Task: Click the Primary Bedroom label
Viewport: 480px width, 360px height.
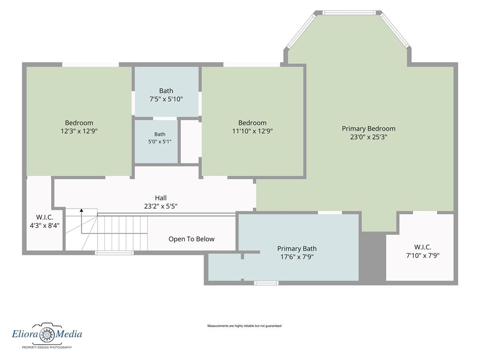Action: point(368,128)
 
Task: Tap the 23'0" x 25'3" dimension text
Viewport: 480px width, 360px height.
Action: point(368,137)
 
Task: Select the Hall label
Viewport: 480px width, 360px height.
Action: point(161,198)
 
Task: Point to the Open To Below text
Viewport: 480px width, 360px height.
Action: point(191,239)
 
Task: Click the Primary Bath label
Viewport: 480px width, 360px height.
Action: point(297,248)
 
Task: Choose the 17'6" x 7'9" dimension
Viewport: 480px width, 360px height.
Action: point(297,257)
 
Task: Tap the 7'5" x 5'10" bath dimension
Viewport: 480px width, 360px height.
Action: point(166,99)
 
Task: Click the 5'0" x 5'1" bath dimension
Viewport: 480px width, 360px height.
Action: point(160,142)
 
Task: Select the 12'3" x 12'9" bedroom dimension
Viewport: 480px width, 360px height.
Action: point(79,131)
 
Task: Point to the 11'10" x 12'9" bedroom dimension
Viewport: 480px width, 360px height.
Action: point(253,131)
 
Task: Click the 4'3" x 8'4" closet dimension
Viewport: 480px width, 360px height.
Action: point(45,225)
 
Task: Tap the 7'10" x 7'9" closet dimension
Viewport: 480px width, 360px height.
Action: point(423,255)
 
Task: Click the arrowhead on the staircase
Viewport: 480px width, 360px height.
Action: point(82,210)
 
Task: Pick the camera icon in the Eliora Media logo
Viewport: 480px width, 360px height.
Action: point(47,333)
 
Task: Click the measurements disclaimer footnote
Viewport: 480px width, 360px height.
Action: point(244,326)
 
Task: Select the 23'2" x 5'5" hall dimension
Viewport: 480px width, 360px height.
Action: point(161,206)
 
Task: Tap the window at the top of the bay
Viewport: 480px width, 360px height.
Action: point(349,13)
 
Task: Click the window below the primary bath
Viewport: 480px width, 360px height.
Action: point(266,283)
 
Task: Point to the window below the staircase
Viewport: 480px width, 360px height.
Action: point(114,253)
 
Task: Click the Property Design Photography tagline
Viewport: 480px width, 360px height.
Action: point(47,347)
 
